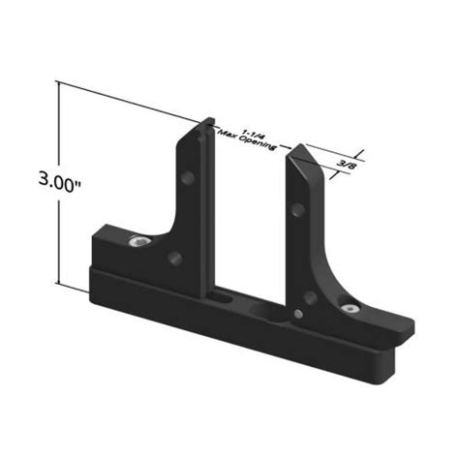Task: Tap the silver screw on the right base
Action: (x=350, y=309)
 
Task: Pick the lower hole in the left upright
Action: (x=173, y=259)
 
